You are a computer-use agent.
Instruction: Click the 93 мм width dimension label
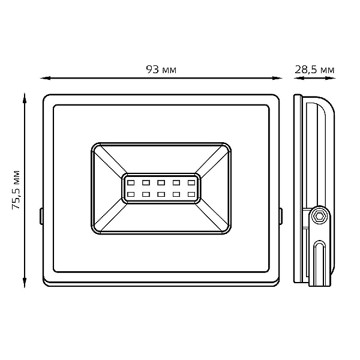(x=161, y=70)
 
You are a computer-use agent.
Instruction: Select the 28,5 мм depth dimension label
(x=314, y=70)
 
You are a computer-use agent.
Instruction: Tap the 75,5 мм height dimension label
(x=16, y=190)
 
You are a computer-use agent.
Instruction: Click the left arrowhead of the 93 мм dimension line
(x=45, y=78)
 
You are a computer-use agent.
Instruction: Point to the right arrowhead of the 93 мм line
(x=277, y=78)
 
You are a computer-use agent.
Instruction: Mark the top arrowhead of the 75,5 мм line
(x=25, y=98)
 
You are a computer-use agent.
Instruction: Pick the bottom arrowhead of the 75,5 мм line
(x=25, y=283)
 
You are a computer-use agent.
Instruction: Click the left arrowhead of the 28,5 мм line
(x=299, y=78)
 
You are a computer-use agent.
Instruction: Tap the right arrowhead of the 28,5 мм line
(x=331, y=78)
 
